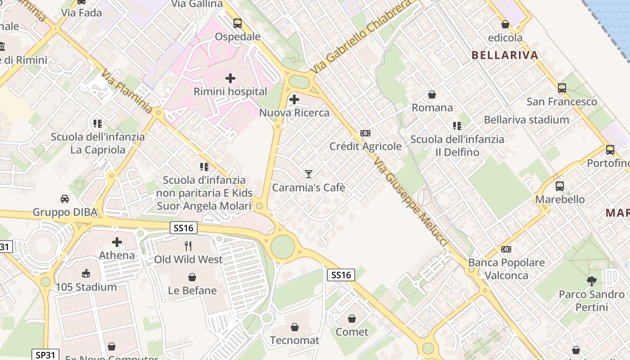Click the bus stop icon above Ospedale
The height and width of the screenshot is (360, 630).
[x=237, y=23]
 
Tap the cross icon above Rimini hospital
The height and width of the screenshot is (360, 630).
[x=230, y=78]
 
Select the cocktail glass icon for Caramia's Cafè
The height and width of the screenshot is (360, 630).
[x=308, y=174]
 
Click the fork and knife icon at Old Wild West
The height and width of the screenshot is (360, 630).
[x=188, y=246]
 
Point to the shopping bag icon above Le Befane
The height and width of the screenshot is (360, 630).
[x=192, y=277]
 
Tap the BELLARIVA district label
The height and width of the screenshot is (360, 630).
[x=504, y=55]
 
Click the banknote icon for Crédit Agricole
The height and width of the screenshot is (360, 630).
[x=365, y=133]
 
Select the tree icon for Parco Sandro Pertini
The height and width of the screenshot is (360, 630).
[x=592, y=281]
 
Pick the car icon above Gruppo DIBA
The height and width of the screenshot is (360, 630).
[x=65, y=198]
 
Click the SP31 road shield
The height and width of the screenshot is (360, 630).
[x=45, y=355]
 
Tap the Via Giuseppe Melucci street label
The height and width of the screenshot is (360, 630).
[x=410, y=202]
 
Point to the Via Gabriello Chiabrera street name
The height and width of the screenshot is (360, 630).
[x=361, y=37]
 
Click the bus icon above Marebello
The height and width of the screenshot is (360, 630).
[x=560, y=186]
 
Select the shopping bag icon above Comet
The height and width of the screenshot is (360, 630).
[x=352, y=319]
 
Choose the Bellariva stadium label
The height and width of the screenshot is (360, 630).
[x=526, y=120]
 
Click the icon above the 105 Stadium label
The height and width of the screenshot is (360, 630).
[x=86, y=273]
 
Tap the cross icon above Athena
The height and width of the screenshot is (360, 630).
[x=117, y=242]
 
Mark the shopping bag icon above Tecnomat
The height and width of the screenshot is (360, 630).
[x=294, y=327]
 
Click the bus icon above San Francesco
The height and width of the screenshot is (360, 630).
[x=562, y=88]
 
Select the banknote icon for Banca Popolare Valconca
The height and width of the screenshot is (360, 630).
[x=506, y=249]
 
